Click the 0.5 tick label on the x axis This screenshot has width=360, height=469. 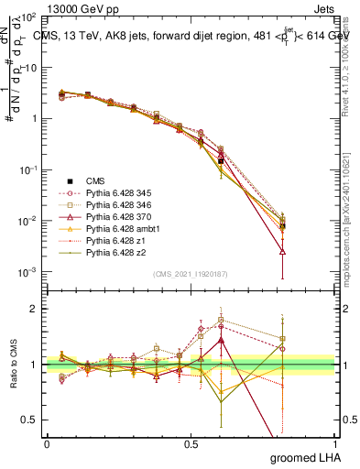pos(191,444)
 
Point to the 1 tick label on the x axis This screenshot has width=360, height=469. pos(335,444)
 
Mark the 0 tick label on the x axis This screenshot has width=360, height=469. pos(47,444)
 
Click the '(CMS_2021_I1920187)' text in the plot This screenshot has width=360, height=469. pos(191,275)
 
